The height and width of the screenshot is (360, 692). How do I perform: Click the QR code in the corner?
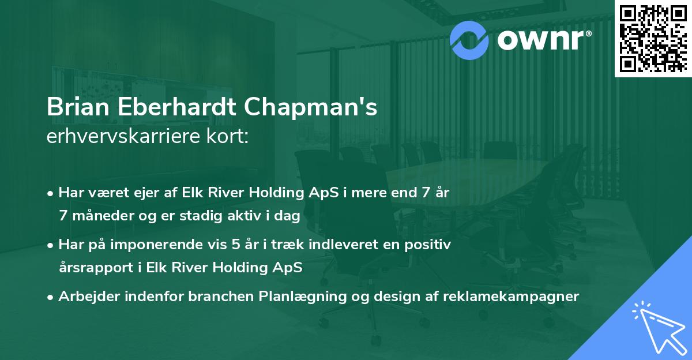pos(653,38)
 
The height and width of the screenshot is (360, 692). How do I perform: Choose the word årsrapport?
pos(93,268)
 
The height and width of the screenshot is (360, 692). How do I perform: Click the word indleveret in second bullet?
pos(334,245)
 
